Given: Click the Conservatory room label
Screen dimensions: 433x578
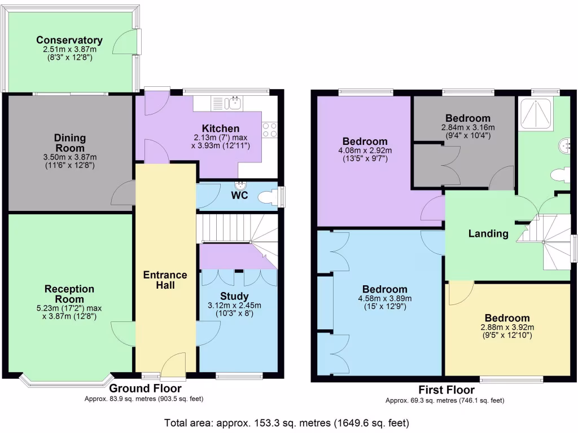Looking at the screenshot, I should pos(69,40).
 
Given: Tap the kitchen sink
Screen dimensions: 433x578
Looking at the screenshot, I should pos(233,103).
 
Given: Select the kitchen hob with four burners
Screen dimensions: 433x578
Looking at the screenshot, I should pos(270,130).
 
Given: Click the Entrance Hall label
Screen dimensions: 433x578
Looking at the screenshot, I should pos(165,280).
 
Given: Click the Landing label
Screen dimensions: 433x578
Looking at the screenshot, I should pos(488,233).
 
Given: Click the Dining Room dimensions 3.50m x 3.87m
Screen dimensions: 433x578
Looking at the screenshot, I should pos(70,157).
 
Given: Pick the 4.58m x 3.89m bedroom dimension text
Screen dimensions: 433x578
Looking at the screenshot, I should pos(385,299).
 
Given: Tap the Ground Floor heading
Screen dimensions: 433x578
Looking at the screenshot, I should pos(145,388).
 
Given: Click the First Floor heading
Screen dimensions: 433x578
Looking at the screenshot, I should pos(446,390).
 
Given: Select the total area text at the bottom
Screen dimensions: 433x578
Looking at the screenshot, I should pos(286,422).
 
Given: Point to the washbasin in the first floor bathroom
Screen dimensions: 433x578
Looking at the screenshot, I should pos(564,146).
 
